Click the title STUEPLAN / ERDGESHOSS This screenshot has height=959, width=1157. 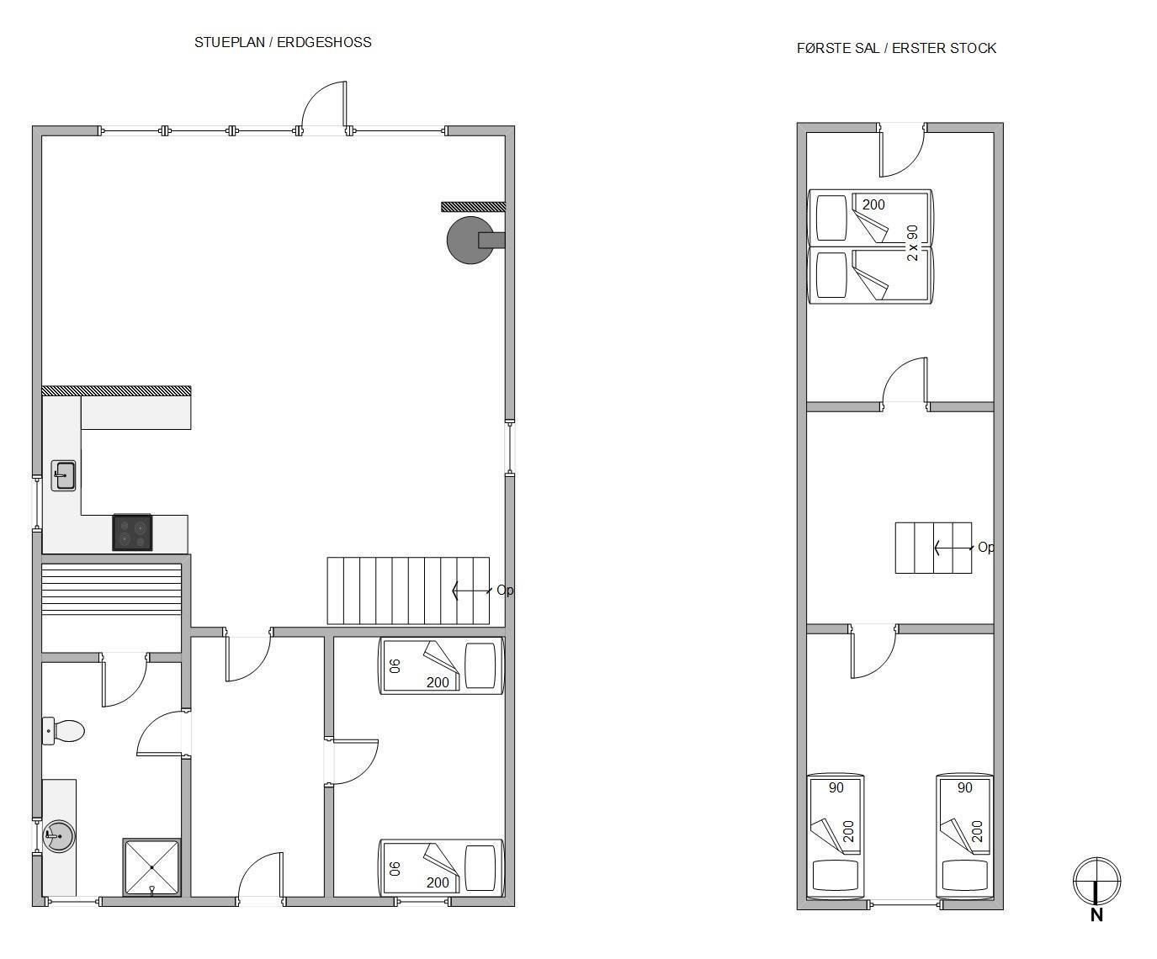[283, 43]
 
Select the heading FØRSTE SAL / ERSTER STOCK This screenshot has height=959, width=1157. [896, 49]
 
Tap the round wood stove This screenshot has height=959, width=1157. [471, 240]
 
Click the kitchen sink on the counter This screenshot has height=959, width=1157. [64, 475]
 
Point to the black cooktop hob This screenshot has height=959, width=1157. [132, 532]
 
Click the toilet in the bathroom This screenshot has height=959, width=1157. [63, 731]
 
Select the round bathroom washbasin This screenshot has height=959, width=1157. [58, 836]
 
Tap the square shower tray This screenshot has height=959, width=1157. [151, 867]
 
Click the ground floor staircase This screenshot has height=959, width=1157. [408, 591]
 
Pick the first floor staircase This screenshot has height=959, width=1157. [933, 548]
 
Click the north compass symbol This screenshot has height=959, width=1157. [1096, 881]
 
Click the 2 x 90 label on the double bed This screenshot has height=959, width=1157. [912, 242]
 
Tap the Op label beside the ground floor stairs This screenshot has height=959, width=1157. [505, 590]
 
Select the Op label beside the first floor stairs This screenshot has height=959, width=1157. [986, 548]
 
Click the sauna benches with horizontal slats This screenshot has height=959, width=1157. [111, 589]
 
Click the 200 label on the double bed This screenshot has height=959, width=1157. [873, 204]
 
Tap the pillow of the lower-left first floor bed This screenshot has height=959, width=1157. [835, 875]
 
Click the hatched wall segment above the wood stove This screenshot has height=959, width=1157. [473, 207]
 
